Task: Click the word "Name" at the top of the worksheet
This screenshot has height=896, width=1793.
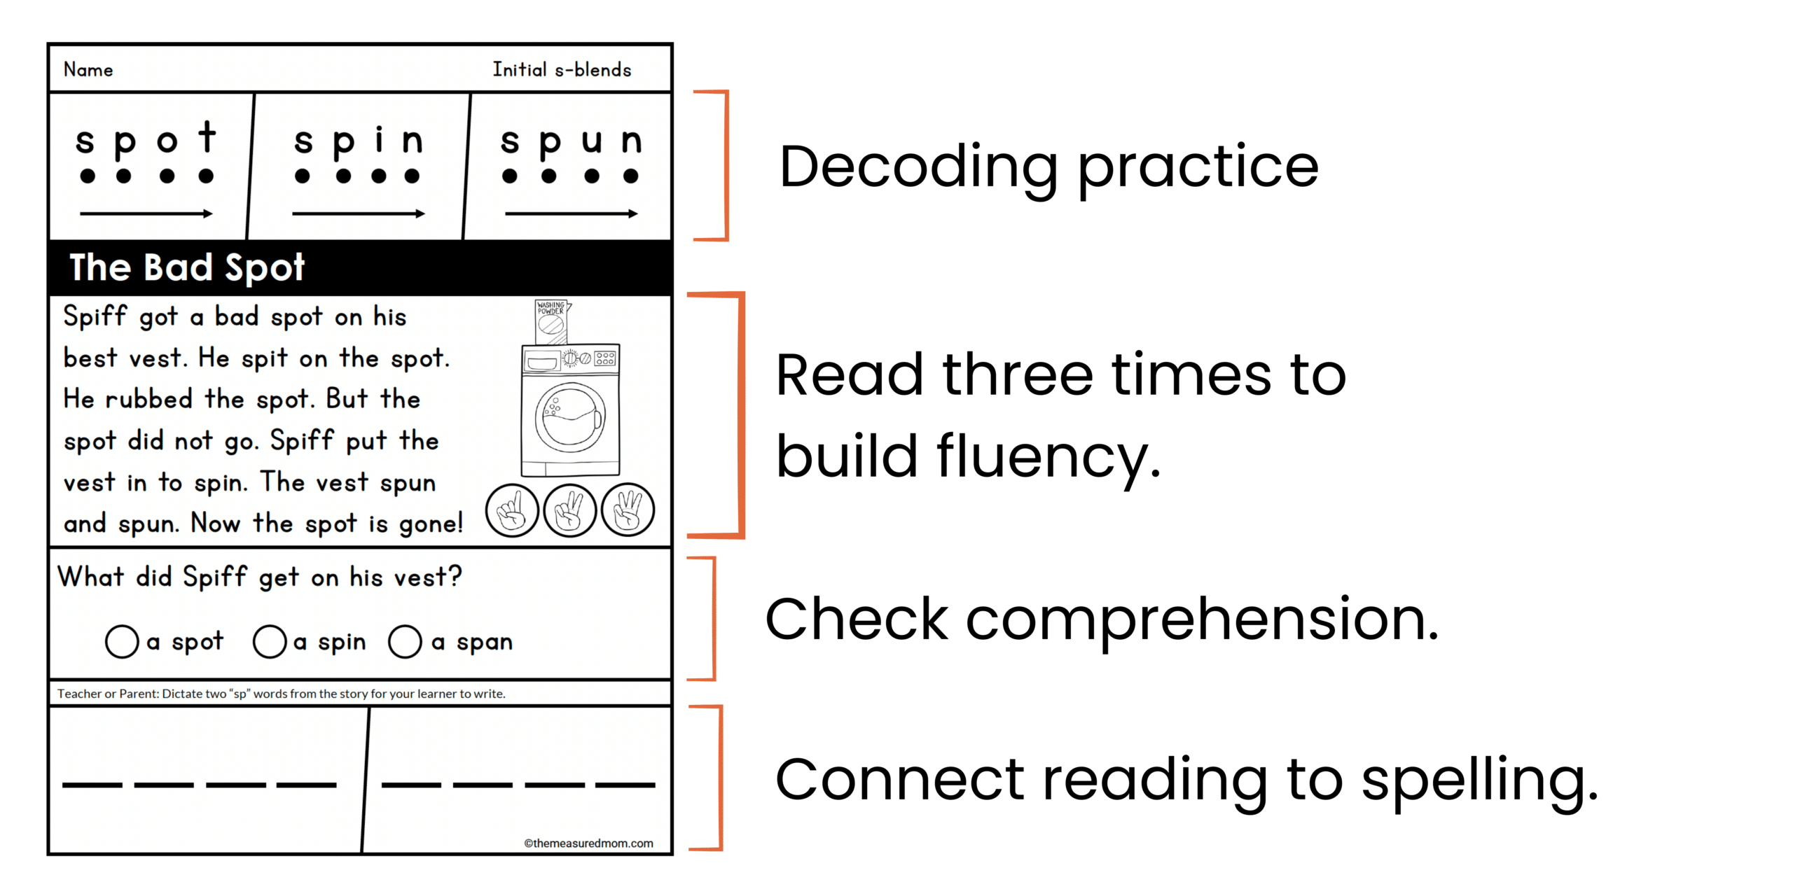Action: [x=88, y=70]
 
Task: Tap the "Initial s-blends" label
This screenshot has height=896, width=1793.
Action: [x=562, y=69]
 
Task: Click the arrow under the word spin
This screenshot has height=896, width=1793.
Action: [x=359, y=213]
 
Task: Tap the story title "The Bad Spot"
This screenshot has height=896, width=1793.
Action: [x=187, y=267]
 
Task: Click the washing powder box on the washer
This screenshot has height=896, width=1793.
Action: [x=552, y=322]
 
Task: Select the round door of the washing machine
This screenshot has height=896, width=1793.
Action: [x=570, y=417]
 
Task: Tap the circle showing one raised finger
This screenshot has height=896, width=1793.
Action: [x=512, y=510]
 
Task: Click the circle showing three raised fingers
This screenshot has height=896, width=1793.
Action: [x=628, y=510]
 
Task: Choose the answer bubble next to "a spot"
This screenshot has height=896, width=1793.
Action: [x=122, y=641]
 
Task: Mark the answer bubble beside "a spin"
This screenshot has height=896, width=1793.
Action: [x=270, y=641]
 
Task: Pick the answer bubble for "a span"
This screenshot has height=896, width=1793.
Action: [x=405, y=641]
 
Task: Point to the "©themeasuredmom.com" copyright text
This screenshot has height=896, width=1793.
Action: [x=588, y=843]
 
